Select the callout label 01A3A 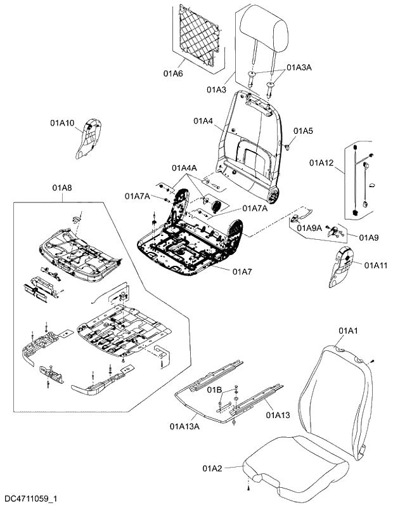[300, 67]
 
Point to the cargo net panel [198, 35]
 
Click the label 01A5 [303, 131]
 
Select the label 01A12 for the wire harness [321, 163]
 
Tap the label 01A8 [61, 188]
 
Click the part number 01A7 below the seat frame [242, 272]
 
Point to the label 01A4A [184, 167]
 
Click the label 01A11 [376, 265]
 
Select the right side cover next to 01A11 [344, 267]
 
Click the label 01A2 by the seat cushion [212, 468]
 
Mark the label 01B [215, 388]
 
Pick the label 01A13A [184, 426]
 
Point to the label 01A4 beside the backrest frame [203, 121]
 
